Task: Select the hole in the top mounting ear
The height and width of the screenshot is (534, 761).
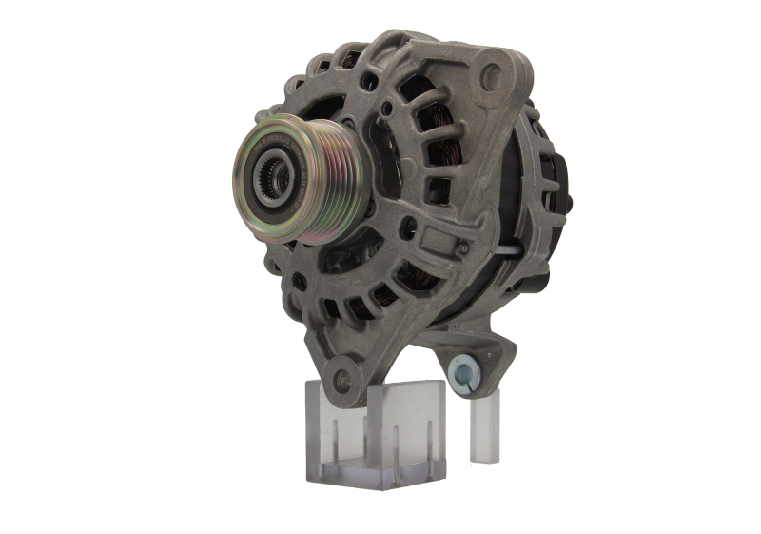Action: tap(492, 71)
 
